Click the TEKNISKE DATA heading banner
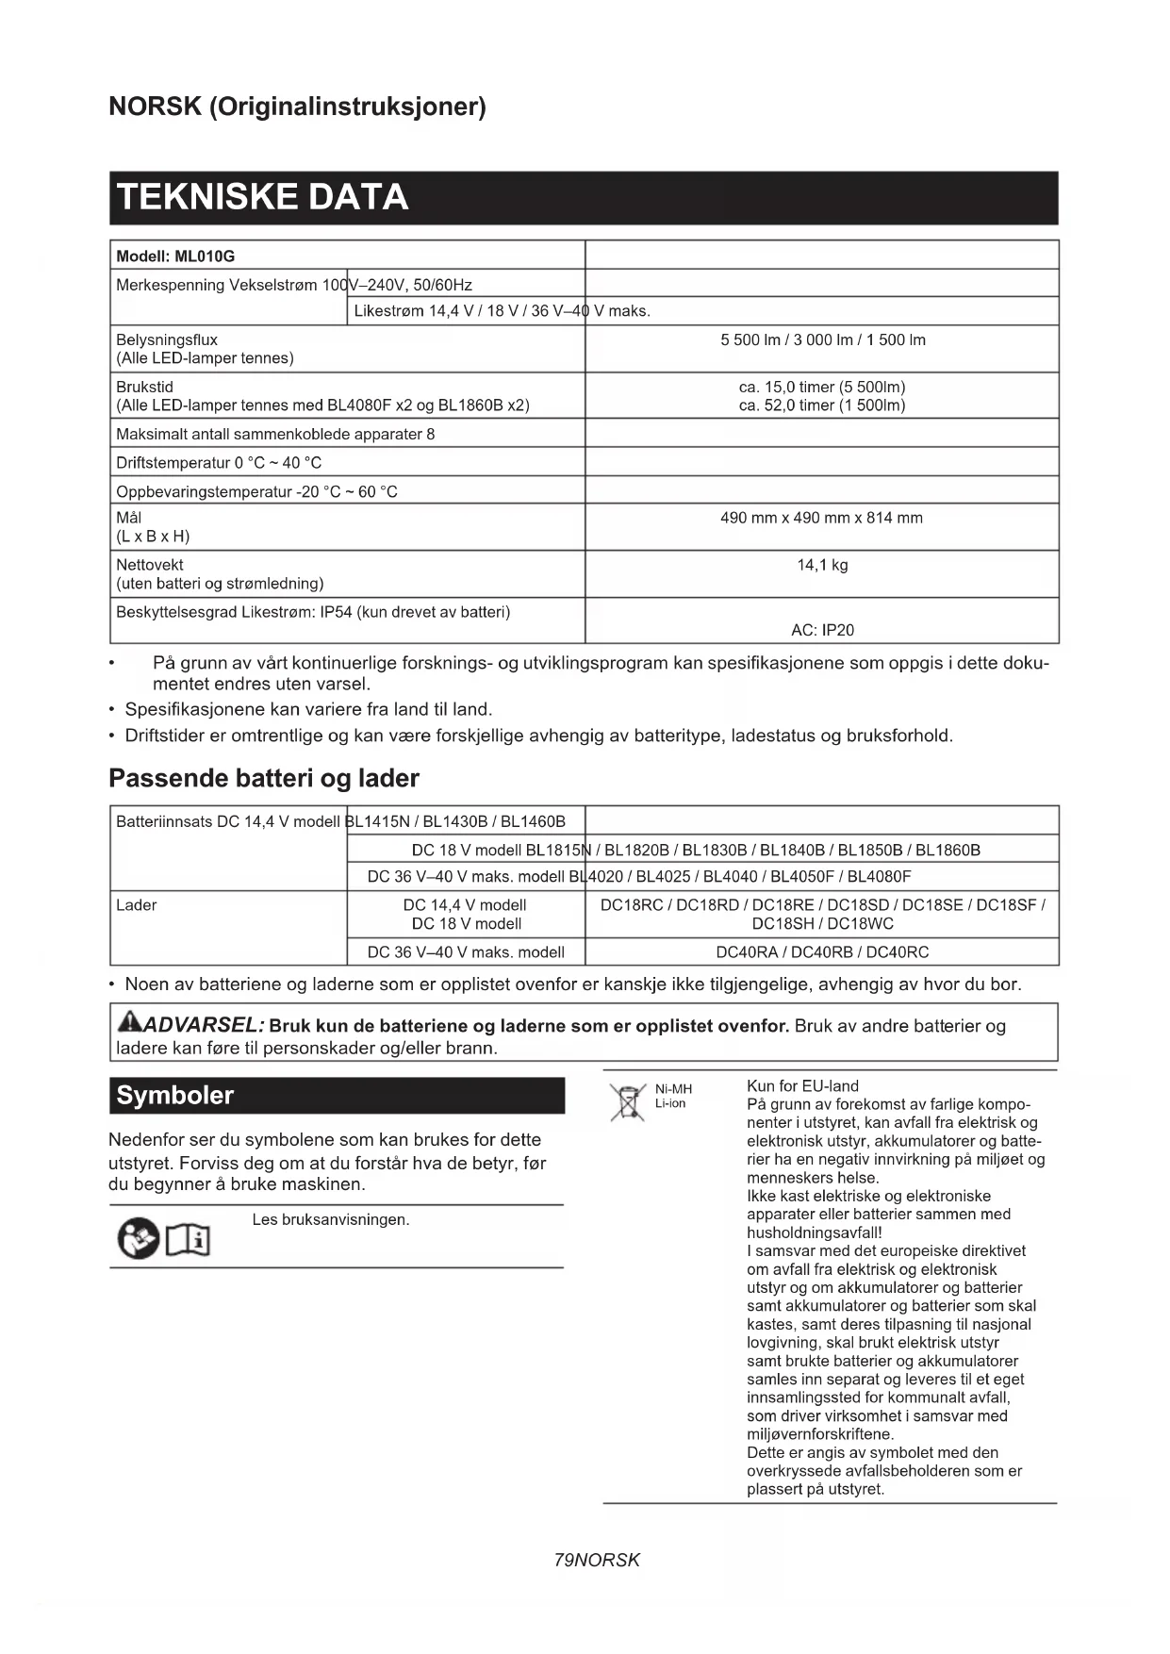coord(584,198)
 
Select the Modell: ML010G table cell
coord(175,256)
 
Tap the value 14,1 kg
coord(822,565)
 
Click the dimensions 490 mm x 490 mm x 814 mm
coord(821,518)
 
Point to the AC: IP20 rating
coord(822,630)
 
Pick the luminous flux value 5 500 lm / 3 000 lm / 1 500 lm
coord(822,339)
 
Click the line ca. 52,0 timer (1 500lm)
coord(822,405)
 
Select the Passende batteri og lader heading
coord(264,778)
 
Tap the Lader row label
coord(137,905)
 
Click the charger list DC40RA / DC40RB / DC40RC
coord(822,952)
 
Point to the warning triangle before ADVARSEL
coord(129,1021)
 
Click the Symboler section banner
coord(337,1096)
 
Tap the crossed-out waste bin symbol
coord(626,1102)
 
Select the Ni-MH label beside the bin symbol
coord(673,1089)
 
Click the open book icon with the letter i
coord(188,1239)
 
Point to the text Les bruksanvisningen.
coord(331,1219)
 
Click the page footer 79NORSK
coord(597,1560)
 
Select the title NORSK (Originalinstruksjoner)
coord(297,107)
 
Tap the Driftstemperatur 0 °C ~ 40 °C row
coord(219,462)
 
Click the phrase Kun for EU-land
coord(802,1085)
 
